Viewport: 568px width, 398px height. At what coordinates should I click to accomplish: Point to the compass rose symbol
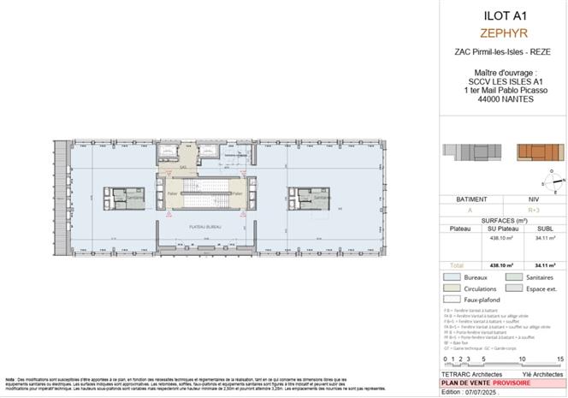point(549,181)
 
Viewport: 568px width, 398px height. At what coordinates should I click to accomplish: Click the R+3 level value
point(534,208)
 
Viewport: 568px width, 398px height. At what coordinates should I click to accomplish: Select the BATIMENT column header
point(470,199)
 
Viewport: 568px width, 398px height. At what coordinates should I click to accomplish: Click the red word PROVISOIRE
point(530,383)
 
